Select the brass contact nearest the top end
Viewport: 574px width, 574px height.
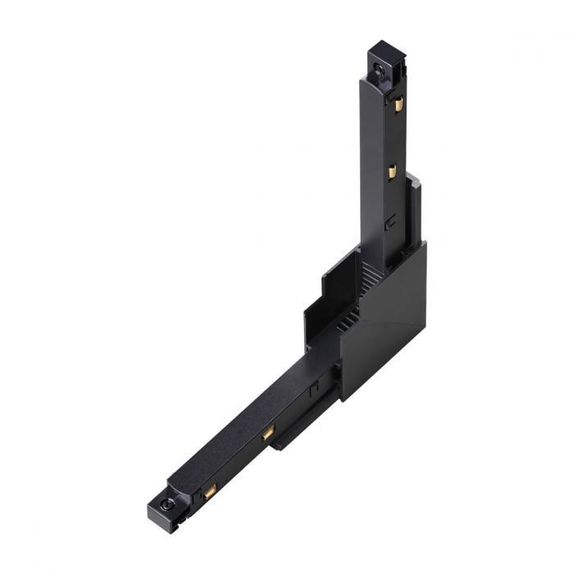(x=399, y=104)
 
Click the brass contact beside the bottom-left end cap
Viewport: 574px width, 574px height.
(x=210, y=492)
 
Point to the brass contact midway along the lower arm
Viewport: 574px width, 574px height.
(x=268, y=432)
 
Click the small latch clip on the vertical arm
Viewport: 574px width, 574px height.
(x=391, y=220)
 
